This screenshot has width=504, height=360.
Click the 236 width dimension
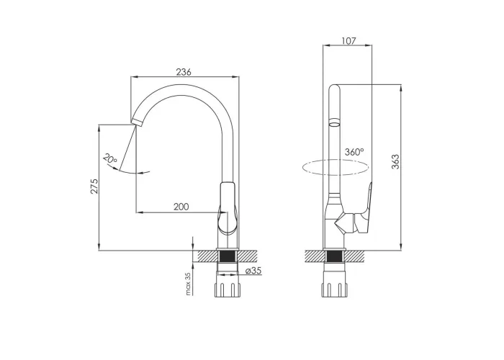click(x=184, y=72)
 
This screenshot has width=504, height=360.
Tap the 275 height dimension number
click(x=94, y=186)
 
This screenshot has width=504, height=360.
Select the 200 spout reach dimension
click(x=181, y=207)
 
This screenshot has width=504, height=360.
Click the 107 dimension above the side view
click(x=348, y=41)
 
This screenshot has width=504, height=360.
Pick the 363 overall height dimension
click(x=395, y=162)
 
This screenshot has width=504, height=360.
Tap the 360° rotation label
click(x=354, y=152)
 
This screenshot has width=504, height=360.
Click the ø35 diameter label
click(x=253, y=271)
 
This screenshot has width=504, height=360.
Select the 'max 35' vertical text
click(x=189, y=284)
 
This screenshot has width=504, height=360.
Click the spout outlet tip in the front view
click(x=136, y=122)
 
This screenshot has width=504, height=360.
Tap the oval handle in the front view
click(x=228, y=208)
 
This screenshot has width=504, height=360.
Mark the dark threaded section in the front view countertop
click(x=228, y=256)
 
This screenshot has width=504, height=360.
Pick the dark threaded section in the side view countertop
click(x=335, y=256)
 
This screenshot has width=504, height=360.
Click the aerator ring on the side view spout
click(x=335, y=122)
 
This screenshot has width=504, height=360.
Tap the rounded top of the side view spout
click(x=335, y=87)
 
